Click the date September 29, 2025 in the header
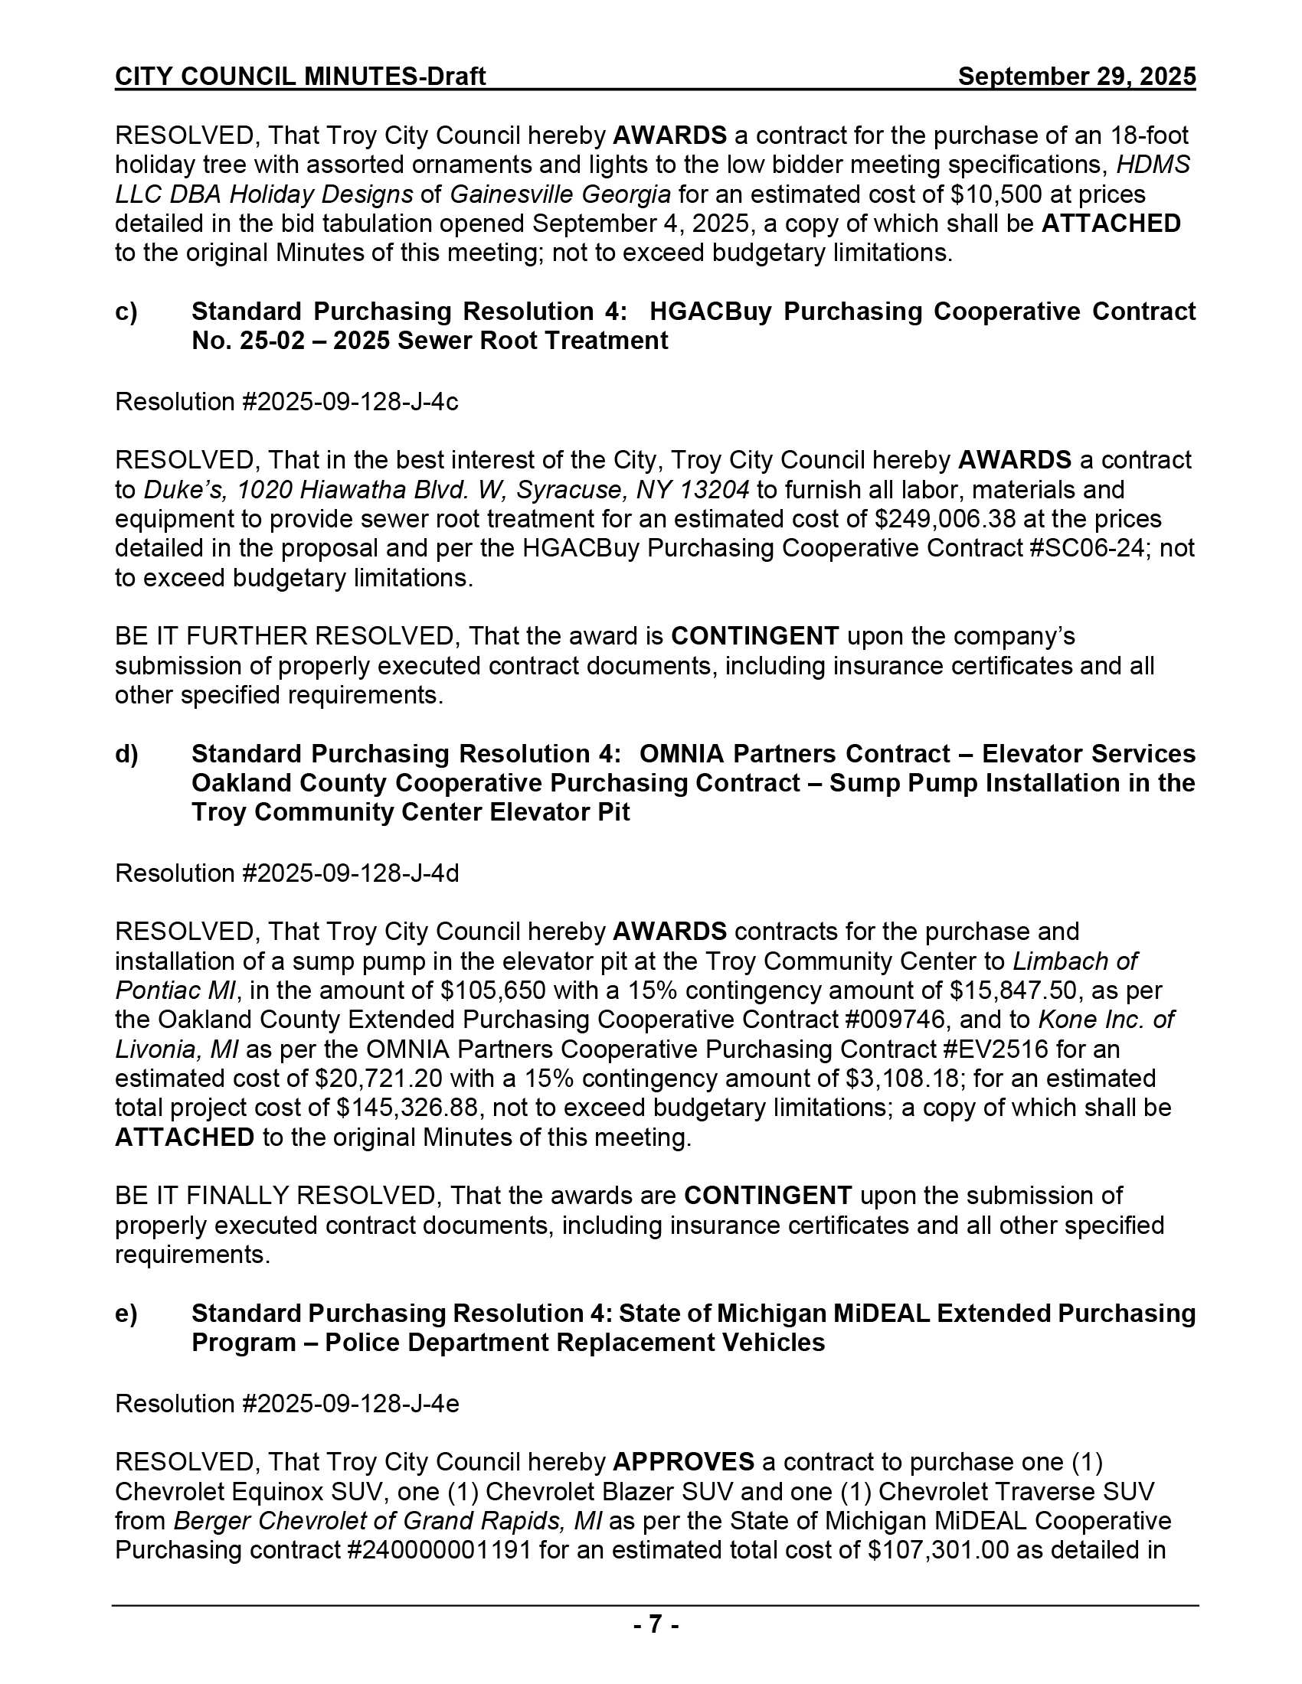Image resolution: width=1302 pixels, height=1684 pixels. [x=1076, y=77]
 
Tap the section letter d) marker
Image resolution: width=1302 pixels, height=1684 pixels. [x=126, y=753]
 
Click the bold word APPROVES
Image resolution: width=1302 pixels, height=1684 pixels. [x=683, y=1463]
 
